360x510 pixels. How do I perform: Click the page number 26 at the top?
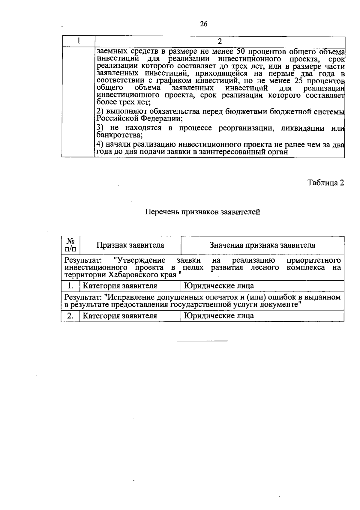[203, 24]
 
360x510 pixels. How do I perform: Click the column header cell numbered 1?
[78, 41]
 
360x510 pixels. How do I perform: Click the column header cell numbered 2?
[220, 41]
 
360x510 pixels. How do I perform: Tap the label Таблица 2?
[325, 183]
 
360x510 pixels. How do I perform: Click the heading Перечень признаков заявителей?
[202, 212]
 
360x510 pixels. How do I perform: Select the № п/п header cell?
[70, 245]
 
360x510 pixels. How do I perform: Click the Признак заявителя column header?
[130, 245]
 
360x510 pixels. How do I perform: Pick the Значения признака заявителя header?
[262, 245]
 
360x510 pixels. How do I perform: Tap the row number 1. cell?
[70, 286]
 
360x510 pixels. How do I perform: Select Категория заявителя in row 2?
[120, 316]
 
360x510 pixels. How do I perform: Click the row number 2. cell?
[70, 316]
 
